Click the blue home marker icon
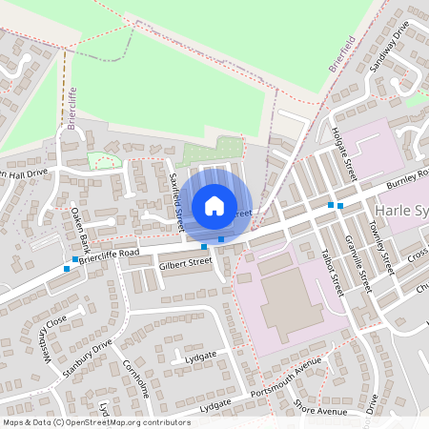tap(214, 205)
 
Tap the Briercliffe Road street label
tap(110, 253)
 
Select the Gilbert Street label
tap(185, 262)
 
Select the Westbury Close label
tap(46, 338)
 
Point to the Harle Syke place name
tap(405, 211)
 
